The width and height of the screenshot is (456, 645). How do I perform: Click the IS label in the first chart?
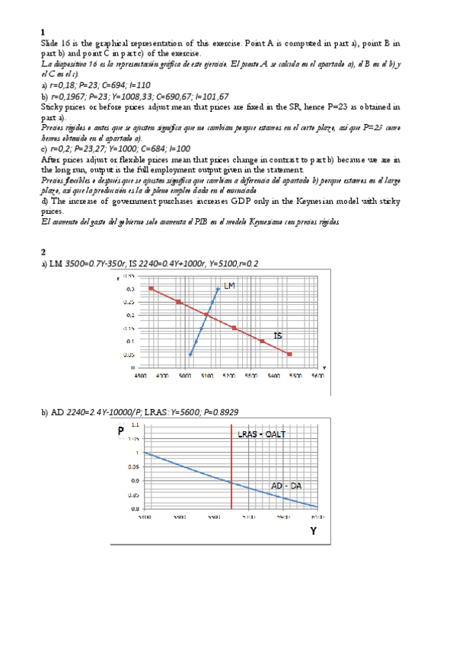point(279,335)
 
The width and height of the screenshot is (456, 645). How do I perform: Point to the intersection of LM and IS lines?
point(206,315)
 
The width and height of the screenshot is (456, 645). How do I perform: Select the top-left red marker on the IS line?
point(151,289)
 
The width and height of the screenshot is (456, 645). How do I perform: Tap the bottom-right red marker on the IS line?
point(289,354)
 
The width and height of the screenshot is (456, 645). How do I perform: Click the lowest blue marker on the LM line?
point(190,354)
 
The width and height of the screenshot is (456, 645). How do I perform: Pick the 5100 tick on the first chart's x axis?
point(206,376)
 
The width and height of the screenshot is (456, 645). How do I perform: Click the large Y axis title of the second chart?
point(312,532)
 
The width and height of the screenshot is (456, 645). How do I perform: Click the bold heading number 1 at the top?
point(42,32)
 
